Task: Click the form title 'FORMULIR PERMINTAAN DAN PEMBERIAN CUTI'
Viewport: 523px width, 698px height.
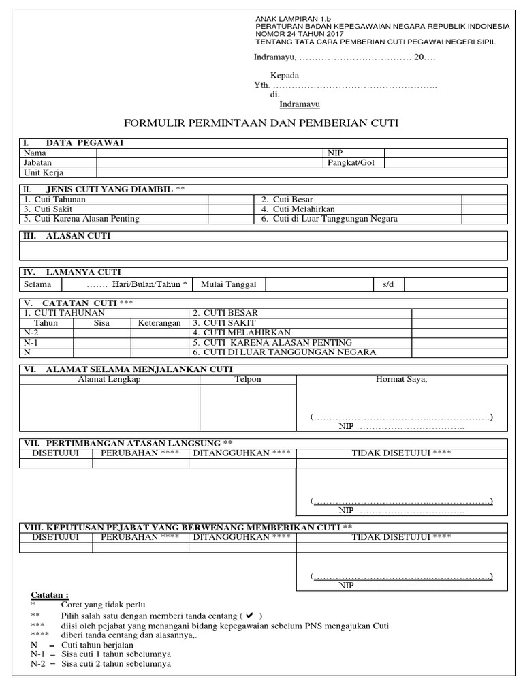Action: click(x=261, y=123)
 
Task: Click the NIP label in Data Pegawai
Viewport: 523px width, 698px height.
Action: click(x=336, y=153)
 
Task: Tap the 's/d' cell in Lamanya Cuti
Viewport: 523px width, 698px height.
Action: click(x=388, y=284)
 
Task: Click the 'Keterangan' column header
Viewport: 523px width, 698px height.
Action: click(x=159, y=322)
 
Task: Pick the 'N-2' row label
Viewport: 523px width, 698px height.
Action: click(x=31, y=332)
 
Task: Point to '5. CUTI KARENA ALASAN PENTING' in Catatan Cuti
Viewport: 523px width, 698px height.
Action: click(x=272, y=342)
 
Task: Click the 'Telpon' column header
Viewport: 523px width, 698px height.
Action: click(x=248, y=379)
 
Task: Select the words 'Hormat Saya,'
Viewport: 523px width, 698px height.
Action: click(x=402, y=379)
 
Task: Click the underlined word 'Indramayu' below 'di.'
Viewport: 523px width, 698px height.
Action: click(x=300, y=104)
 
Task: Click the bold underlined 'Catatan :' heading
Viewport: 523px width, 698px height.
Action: click(x=50, y=595)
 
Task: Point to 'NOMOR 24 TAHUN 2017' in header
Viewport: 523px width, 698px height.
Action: click(x=300, y=33)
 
